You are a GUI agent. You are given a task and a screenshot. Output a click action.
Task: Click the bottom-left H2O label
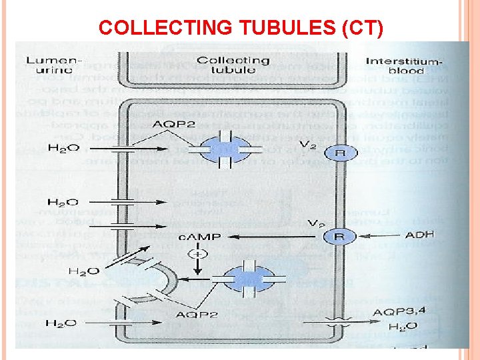tap(61, 323)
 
